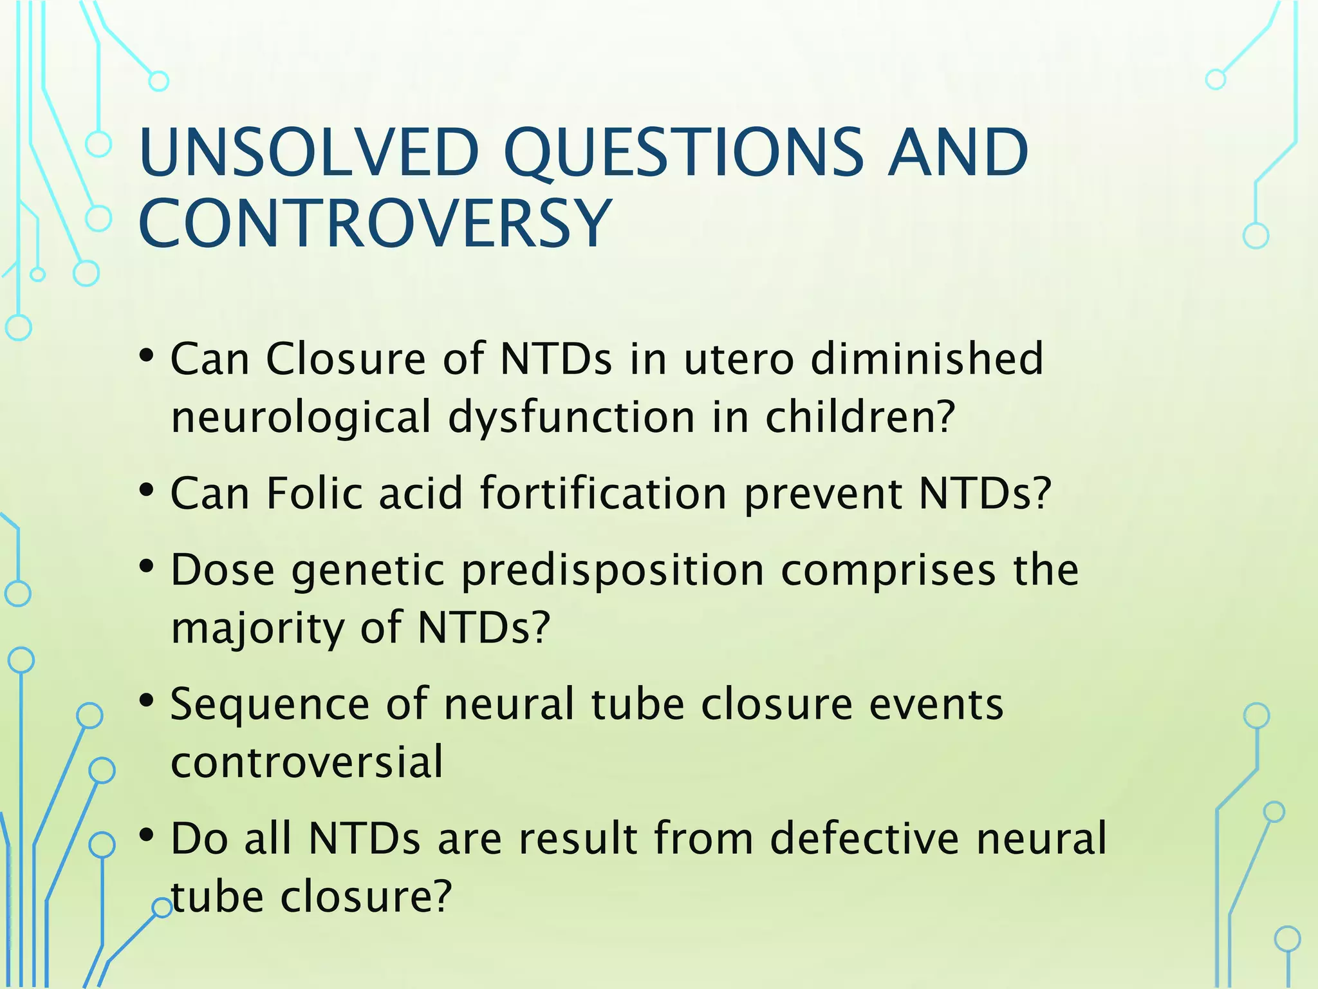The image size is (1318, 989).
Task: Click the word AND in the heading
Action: pyautogui.click(x=958, y=153)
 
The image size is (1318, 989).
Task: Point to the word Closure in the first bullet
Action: pyautogui.click(x=346, y=359)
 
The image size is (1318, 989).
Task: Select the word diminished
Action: pyautogui.click(x=927, y=359)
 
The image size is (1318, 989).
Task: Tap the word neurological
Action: pyautogui.click(x=301, y=417)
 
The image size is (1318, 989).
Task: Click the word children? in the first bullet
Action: pyautogui.click(x=860, y=417)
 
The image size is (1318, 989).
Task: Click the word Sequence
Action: pyautogui.click(x=270, y=704)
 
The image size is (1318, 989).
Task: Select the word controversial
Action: pyautogui.click(x=307, y=762)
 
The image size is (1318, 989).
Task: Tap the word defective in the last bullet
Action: pyautogui.click(x=864, y=838)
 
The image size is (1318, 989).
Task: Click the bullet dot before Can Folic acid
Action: pyautogui.click(x=147, y=491)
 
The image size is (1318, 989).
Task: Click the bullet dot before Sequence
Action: pyautogui.click(x=147, y=701)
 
